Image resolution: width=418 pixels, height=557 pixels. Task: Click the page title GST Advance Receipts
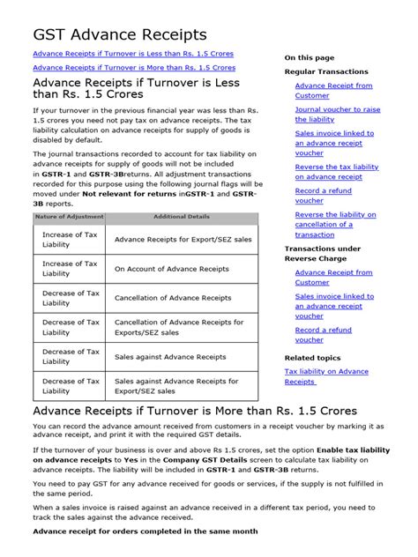pyautogui.click(x=120, y=34)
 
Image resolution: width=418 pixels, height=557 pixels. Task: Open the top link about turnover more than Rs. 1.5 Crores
pyautogui.click(x=133, y=67)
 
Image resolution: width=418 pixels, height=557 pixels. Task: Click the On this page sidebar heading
pyautogui.click(x=309, y=57)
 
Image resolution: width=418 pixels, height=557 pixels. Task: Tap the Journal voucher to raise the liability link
pyautogui.click(x=338, y=115)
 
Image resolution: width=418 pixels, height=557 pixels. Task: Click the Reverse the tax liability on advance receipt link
pyautogui.click(x=336, y=172)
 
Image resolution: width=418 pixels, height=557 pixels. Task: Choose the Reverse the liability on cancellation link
pyautogui.click(x=335, y=224)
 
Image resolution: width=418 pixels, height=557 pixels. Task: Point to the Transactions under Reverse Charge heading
pyautogui.click(x=322, y=255)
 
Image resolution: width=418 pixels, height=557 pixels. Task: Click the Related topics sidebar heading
pyautogui.click(x=312, y=358)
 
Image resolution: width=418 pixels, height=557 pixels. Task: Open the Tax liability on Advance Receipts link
pyautogui.click(x=325, y=376)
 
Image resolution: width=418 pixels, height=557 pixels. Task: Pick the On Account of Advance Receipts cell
pyautogui.click(x=172, y=269)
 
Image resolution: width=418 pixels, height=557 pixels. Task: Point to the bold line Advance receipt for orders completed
pyautogui.click(x=145, y=531)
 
